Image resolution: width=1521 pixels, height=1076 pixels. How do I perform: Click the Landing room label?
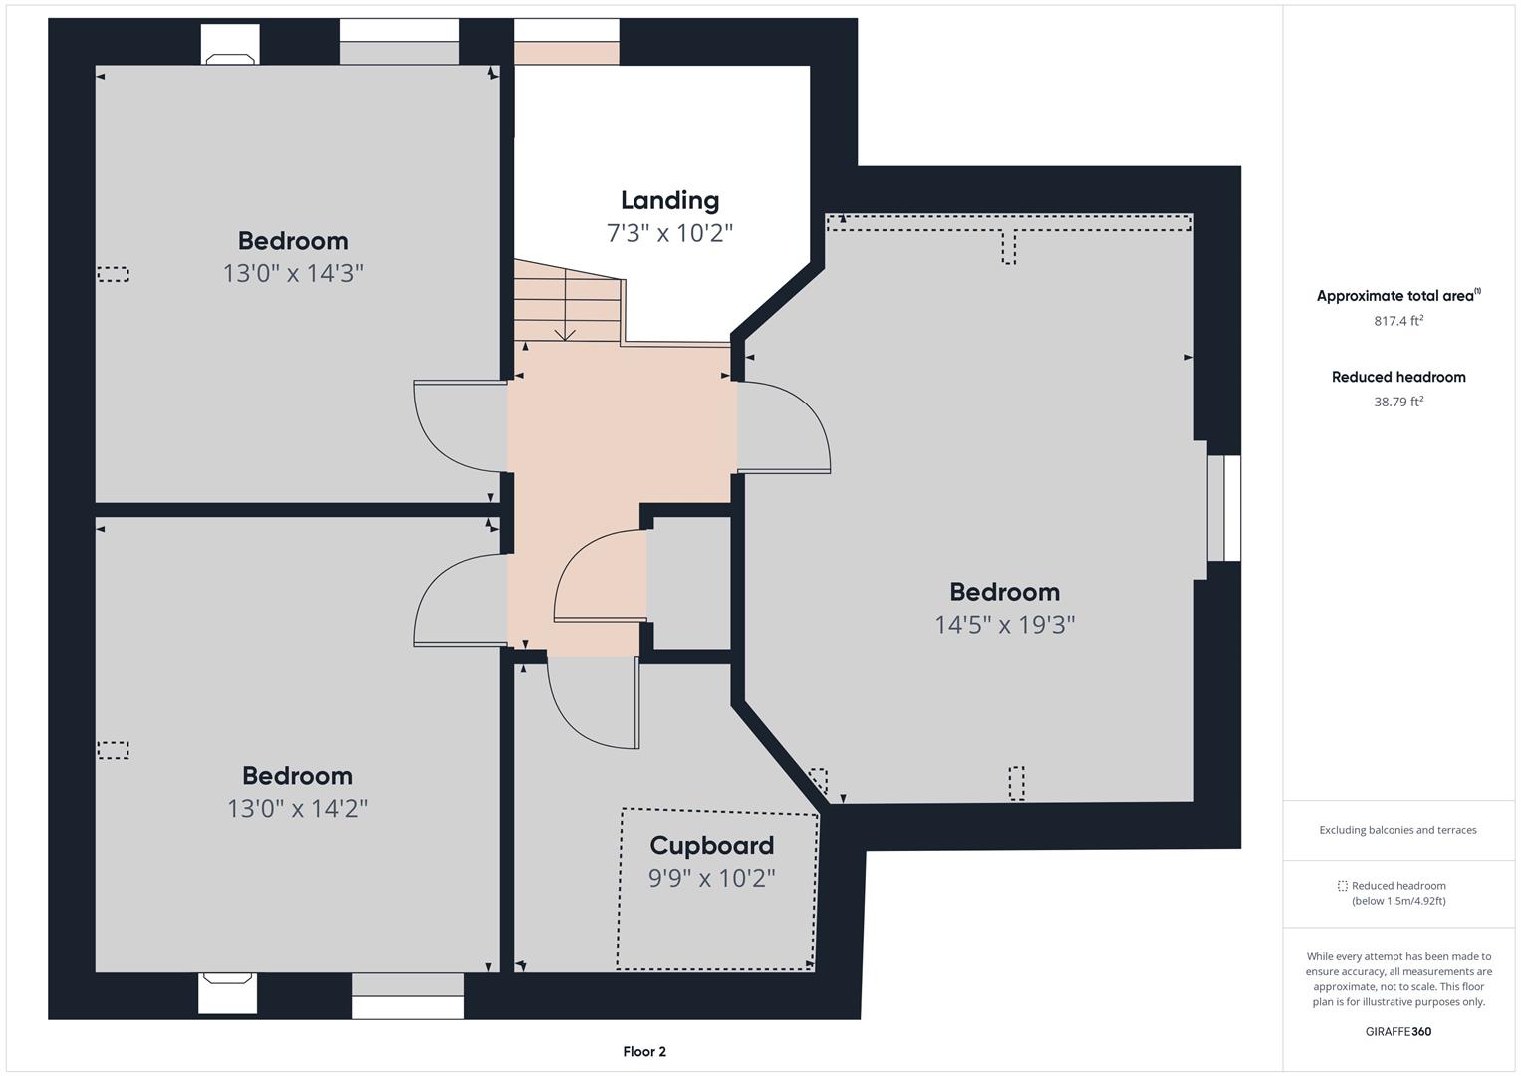tap(669, 200)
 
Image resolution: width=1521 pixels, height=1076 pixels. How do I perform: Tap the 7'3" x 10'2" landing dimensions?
tap(669, 233)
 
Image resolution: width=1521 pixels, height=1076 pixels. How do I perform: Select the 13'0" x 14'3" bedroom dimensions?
tap(293, 273)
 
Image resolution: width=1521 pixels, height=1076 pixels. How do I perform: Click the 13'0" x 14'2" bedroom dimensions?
tap(297, 808)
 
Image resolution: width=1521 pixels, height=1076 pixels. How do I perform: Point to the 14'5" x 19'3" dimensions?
tap(1005, 625)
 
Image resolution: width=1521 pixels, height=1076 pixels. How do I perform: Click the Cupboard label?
tap(711, 846)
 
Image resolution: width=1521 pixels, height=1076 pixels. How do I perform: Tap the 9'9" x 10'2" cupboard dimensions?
tap(711, 878)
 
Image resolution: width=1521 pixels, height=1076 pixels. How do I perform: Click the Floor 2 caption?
tap(644, 1051)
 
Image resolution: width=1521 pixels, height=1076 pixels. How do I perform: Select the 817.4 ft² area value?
tap(1398, 320)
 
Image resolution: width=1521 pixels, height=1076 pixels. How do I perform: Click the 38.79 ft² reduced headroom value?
tap(1398, 402)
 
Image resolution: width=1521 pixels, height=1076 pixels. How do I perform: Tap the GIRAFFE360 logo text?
tap(1398, 1032)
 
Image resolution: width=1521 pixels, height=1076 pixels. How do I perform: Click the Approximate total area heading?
tap(1398, 296)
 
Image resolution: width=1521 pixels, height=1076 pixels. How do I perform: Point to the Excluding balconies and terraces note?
tap(1397, 829)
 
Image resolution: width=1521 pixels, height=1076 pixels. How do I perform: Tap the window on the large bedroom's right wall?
tap(1223, 508)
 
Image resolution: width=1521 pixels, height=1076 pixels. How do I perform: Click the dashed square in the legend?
tap(1342, 885)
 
